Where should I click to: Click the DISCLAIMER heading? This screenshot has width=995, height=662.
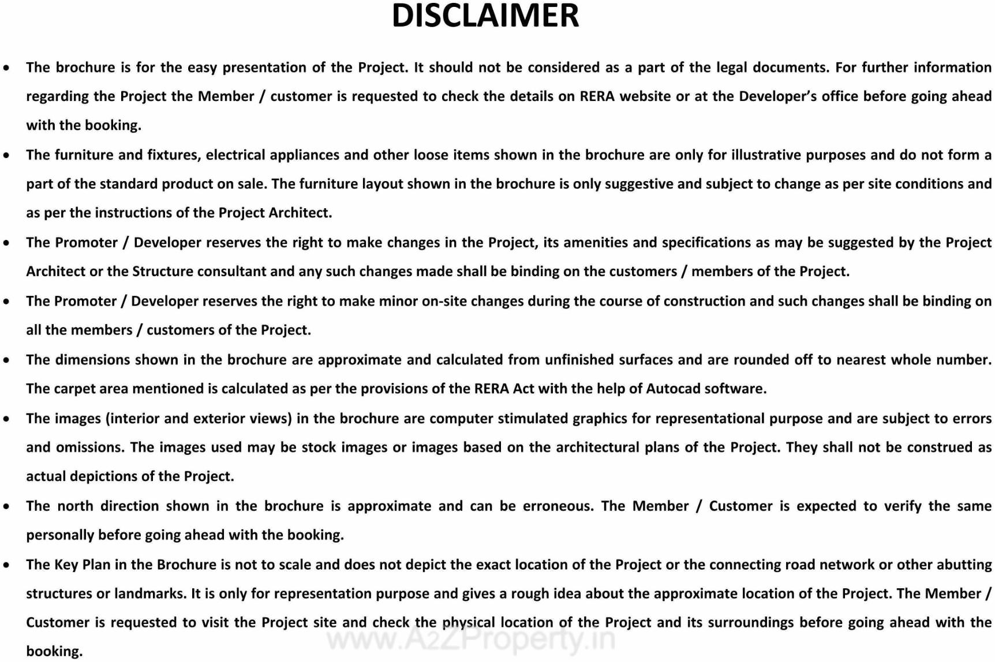click(x=485, y=16)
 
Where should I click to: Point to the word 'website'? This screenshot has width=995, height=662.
click(x=645, y=96)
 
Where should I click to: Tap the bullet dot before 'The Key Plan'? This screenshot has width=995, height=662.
click(x=6, y=565)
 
